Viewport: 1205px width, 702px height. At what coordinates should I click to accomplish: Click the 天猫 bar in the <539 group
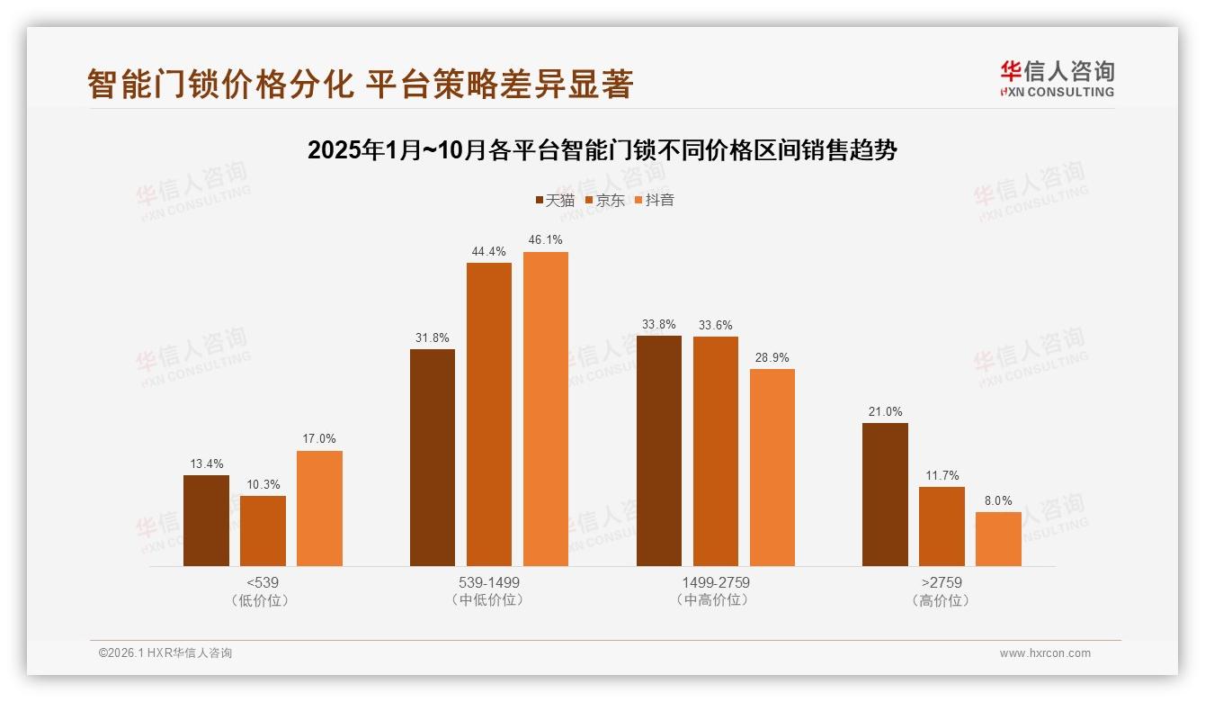(206, 520)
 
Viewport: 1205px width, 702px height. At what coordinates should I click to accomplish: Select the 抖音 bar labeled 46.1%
(546, 409)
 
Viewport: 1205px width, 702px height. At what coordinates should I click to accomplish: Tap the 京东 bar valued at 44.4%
(489, 414)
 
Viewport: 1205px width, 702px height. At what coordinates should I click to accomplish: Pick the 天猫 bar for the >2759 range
(885, 494)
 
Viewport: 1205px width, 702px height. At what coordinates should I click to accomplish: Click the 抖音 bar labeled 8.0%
(998, 539)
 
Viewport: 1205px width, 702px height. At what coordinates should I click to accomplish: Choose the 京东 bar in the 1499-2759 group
(716, 451)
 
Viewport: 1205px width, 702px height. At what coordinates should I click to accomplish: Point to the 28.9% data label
(772, 358)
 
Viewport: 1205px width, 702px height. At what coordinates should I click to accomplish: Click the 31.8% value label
(433, 338)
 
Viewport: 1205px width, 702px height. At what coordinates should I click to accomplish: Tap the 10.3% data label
(263, 485)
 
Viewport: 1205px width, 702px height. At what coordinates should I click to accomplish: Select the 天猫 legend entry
(554, 200)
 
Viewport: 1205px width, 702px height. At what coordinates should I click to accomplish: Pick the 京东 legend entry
(604, 200)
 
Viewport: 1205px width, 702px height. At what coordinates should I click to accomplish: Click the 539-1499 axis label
(488, 582)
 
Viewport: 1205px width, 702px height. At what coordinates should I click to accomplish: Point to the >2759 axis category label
(941, 582)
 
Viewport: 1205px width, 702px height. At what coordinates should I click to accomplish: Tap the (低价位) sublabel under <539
(262, 600)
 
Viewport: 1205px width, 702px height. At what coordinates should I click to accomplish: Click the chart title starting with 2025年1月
(602, 149)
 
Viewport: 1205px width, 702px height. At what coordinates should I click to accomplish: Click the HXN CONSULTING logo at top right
(1057, 79)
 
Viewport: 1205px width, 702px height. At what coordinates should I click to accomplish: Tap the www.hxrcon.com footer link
(1045, 653)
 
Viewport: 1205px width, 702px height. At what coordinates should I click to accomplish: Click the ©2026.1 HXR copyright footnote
(165, 653)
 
